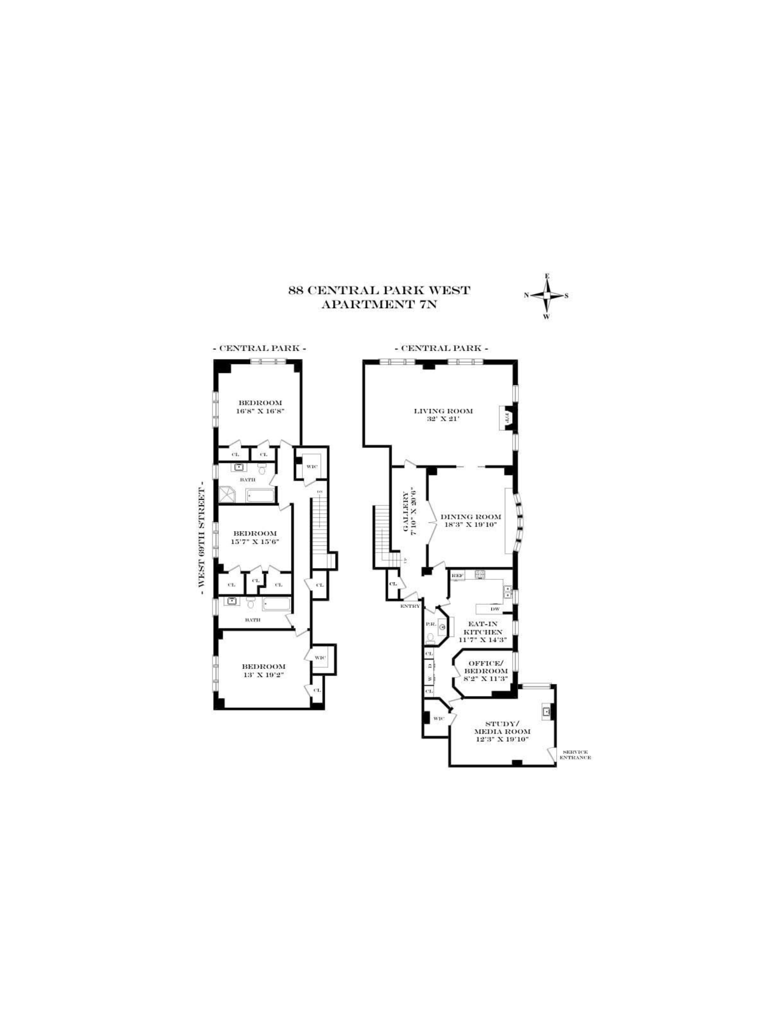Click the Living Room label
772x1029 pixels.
[x=443, y=411]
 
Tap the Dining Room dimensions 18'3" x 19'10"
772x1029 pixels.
[x=470, y=524]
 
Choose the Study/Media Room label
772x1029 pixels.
[x=502, y=728]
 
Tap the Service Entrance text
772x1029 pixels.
[x=575, y=754]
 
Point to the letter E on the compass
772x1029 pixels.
[x=547, y=276]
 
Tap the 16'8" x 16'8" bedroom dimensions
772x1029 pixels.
[x=260, y=411]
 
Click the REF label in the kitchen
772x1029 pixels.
[x=457, y=576]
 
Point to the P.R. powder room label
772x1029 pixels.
[x=430, y=624]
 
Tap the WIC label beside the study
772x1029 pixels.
[x=439, y=719]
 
